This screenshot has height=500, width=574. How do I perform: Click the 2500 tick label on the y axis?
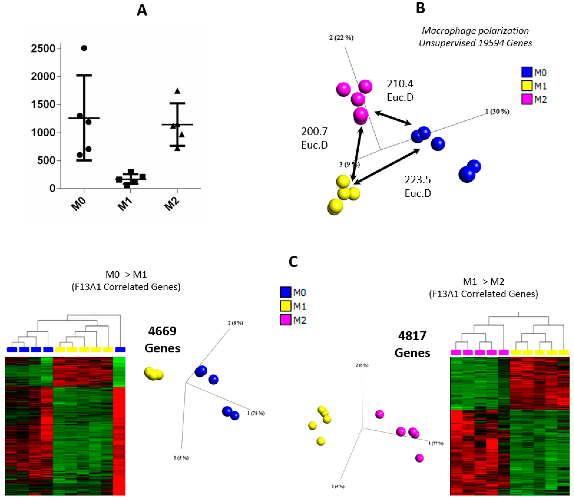click(43, 49)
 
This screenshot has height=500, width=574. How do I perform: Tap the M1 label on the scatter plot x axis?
click(125, 205)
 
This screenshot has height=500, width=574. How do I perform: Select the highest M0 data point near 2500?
click(84, 48)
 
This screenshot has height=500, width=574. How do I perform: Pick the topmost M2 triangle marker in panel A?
click(177, 91)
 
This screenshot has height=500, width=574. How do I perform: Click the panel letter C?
click(293, 262)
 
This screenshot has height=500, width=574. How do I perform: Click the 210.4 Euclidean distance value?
click(400, 84)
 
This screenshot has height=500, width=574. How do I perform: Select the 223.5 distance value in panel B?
click(418, 180)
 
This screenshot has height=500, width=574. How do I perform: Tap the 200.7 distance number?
click(314, 131)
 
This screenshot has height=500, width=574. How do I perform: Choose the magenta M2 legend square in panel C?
click(286, 320)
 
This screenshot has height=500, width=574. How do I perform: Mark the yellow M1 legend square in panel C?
click(286, 306)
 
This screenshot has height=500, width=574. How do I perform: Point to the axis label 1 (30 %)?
click(497, 112)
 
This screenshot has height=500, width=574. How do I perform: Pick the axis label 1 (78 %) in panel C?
click(256, 413)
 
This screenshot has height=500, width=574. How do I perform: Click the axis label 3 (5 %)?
click(181, 458)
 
